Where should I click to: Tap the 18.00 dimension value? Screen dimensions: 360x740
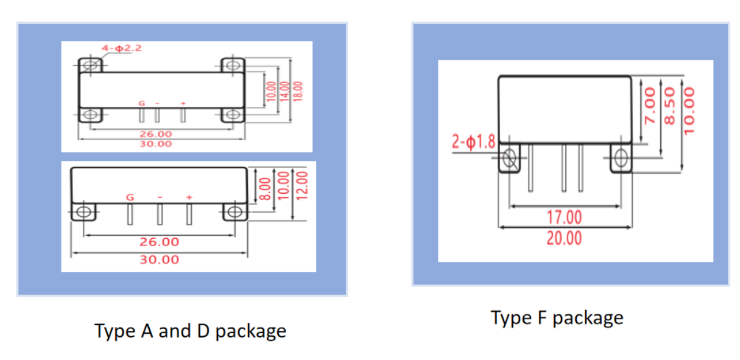pos(298,92)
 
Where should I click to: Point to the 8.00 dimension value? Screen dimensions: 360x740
pos(265,189)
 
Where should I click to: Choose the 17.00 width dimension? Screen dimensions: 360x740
pos(564,217)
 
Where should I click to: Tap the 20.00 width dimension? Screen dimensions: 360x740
pos(564,238)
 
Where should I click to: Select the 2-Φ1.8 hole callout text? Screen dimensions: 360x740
pos(474,142)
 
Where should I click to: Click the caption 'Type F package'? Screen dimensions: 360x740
pos(557,318)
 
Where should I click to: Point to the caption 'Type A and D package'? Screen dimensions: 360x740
pos(190,331)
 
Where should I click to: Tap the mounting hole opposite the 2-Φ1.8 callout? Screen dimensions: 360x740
pos(621,158)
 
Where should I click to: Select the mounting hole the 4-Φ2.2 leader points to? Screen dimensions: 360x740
pos(92,65)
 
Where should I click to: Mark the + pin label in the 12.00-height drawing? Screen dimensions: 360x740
pos(189,197)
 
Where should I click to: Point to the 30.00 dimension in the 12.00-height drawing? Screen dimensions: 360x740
pos(160,259)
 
